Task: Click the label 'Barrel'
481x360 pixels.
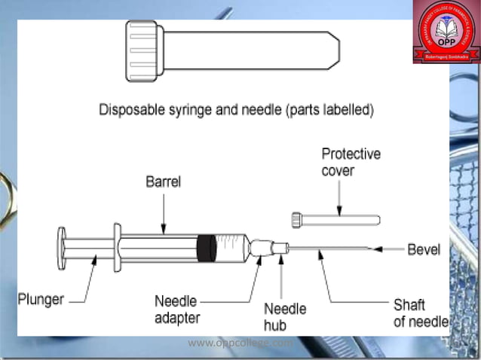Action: [164, 183]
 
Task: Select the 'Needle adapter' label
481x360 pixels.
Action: [177, 309]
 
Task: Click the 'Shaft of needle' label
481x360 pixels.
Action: [419, 313]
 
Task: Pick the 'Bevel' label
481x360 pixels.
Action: [423, 249]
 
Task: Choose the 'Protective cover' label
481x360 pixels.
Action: [351, 162]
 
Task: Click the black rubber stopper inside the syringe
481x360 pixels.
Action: [204, 248]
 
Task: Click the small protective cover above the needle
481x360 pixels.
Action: [335, 219]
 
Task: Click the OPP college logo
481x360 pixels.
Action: [445, 31]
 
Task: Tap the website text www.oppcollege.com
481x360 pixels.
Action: [240, 343]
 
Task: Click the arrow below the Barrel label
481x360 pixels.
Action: [164, 210]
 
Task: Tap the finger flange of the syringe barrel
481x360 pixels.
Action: [117, 247]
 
